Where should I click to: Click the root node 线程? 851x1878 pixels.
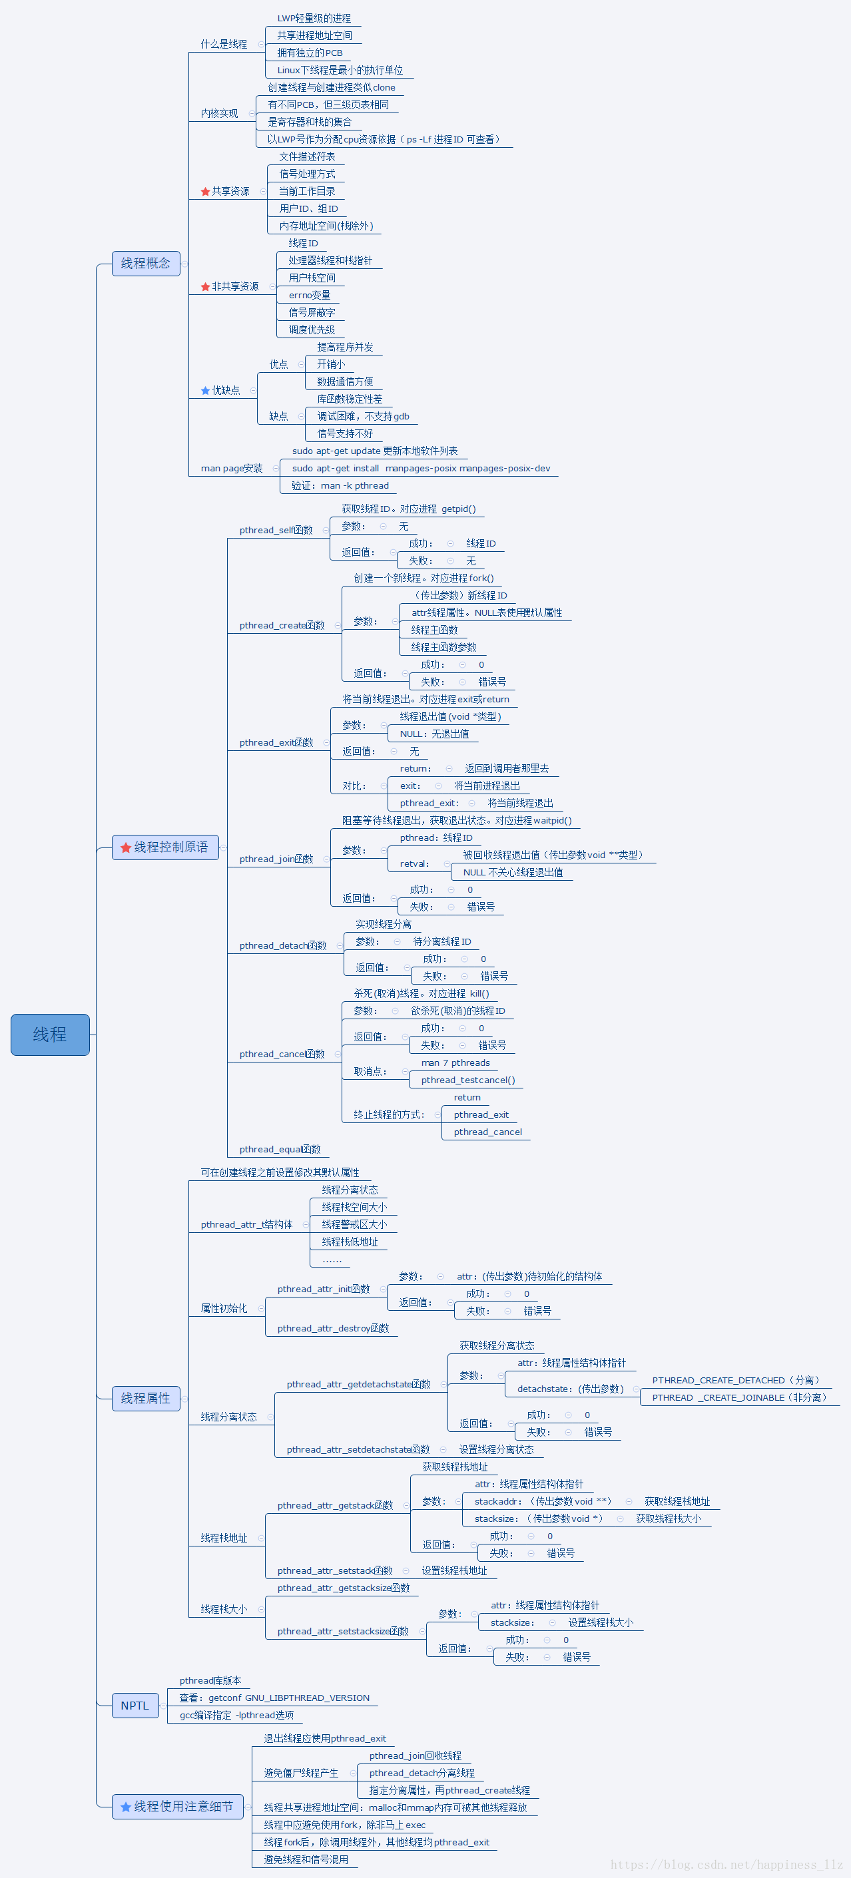point(49,1034)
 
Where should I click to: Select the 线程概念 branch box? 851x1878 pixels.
point(146,263)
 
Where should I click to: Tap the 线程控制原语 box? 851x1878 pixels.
point(166,847)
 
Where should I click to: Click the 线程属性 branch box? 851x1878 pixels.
point(146,1397)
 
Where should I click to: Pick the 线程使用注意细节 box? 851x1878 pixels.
point(177,1806)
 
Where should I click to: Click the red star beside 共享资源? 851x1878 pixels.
point(206,192)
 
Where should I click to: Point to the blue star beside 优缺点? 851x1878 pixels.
point(206,391)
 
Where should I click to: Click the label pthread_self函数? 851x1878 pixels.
point(276,530)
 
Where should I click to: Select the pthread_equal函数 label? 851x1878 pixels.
point(279,1149)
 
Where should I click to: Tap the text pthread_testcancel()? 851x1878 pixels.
point(467,1080)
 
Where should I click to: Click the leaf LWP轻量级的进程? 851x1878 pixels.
point(314,18)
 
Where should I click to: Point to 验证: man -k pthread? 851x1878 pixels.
point(340,485)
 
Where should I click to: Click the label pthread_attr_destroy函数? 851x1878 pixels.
point(332,1328)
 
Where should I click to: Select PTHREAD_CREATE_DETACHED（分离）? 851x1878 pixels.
point(736,1380)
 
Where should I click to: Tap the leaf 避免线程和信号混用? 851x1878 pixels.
point(306,1859)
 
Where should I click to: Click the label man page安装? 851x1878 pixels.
point(231,468)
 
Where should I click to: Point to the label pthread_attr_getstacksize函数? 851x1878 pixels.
point(344,1588)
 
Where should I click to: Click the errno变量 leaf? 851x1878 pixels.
point(309,296)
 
